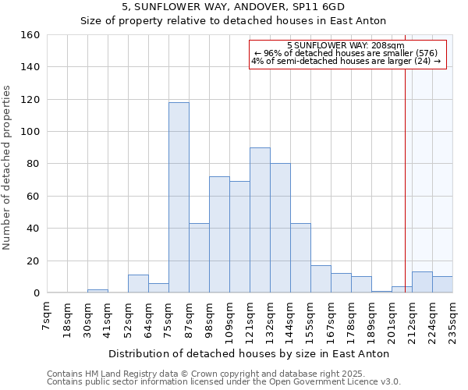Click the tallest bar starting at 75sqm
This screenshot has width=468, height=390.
(x=179, y=197)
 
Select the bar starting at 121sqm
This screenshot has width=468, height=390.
(x=260, y=220)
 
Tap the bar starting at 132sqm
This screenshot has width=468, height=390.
(x=280, y=228)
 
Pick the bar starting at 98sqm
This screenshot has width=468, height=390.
(x=219, y=234)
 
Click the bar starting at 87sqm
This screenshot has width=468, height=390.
(x=199, y=257)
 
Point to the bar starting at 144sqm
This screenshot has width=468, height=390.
(x=300, y=257)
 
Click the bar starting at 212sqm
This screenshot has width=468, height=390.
(x=422, y=282)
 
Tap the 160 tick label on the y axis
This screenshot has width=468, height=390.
(x=30, y=35)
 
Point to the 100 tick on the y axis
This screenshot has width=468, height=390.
(x=30, y=132)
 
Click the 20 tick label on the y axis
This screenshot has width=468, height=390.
(x=34, y=261)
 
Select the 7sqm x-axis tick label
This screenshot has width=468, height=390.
(x=47, y=317)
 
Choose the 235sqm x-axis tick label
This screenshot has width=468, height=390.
(x=452, y=320)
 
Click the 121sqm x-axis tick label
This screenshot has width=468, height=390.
(x=250, y=320)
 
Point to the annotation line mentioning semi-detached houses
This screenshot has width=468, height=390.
(x=346, y=61)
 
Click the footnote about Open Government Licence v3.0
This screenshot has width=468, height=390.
(x=224, y=381)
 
